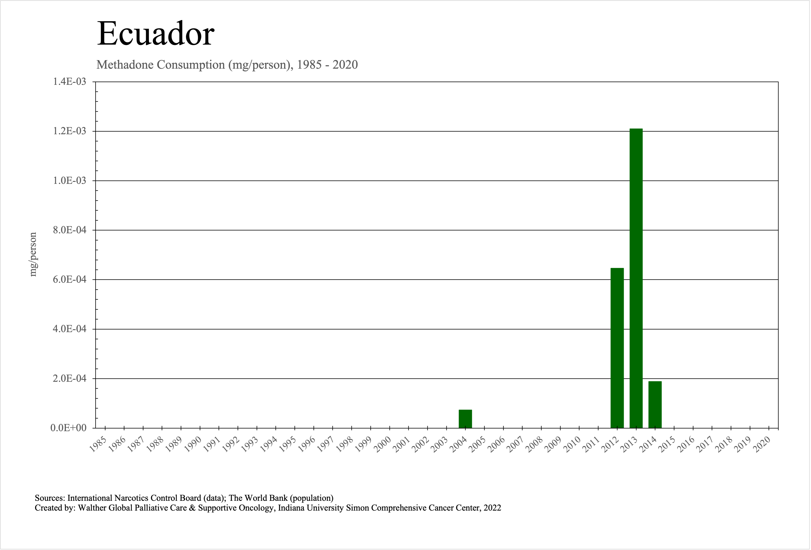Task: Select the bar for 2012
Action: [617, 348]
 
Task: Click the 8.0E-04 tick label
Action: [69, 230]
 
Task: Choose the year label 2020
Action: [763, 445]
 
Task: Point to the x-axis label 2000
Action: [383, 445]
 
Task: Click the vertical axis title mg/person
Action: [33, 254]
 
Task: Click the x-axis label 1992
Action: [231, 445]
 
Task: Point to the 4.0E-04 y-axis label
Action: [69, 329]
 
